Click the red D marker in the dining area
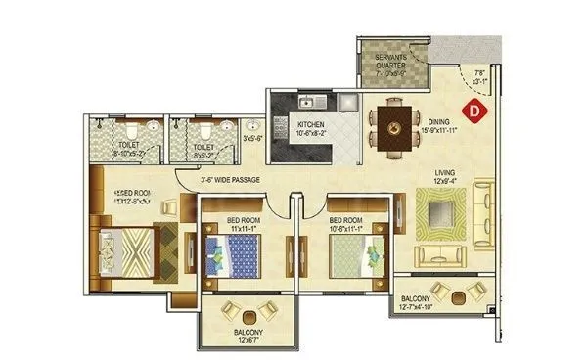476,112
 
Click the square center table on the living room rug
435,209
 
